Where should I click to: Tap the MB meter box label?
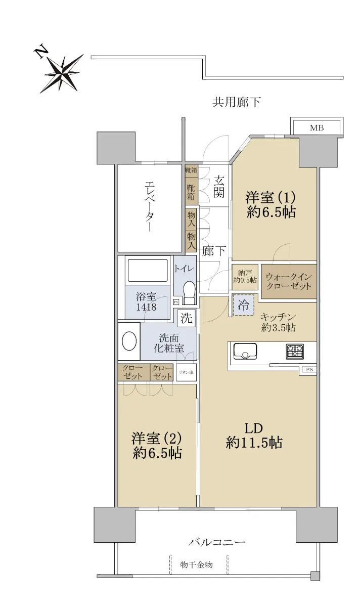317,128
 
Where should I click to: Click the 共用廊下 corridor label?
236,102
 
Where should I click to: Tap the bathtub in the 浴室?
147,270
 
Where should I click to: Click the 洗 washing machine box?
187,318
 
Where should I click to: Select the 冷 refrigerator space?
244,305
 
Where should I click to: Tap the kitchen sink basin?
245,351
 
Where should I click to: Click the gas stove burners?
294,352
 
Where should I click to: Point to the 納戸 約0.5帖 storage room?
245,276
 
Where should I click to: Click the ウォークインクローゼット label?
289,282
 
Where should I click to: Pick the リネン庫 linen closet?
186,372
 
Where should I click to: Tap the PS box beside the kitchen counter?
309,370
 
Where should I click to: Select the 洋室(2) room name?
157,439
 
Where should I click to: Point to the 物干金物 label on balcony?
196,565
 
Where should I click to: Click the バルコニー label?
217,542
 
